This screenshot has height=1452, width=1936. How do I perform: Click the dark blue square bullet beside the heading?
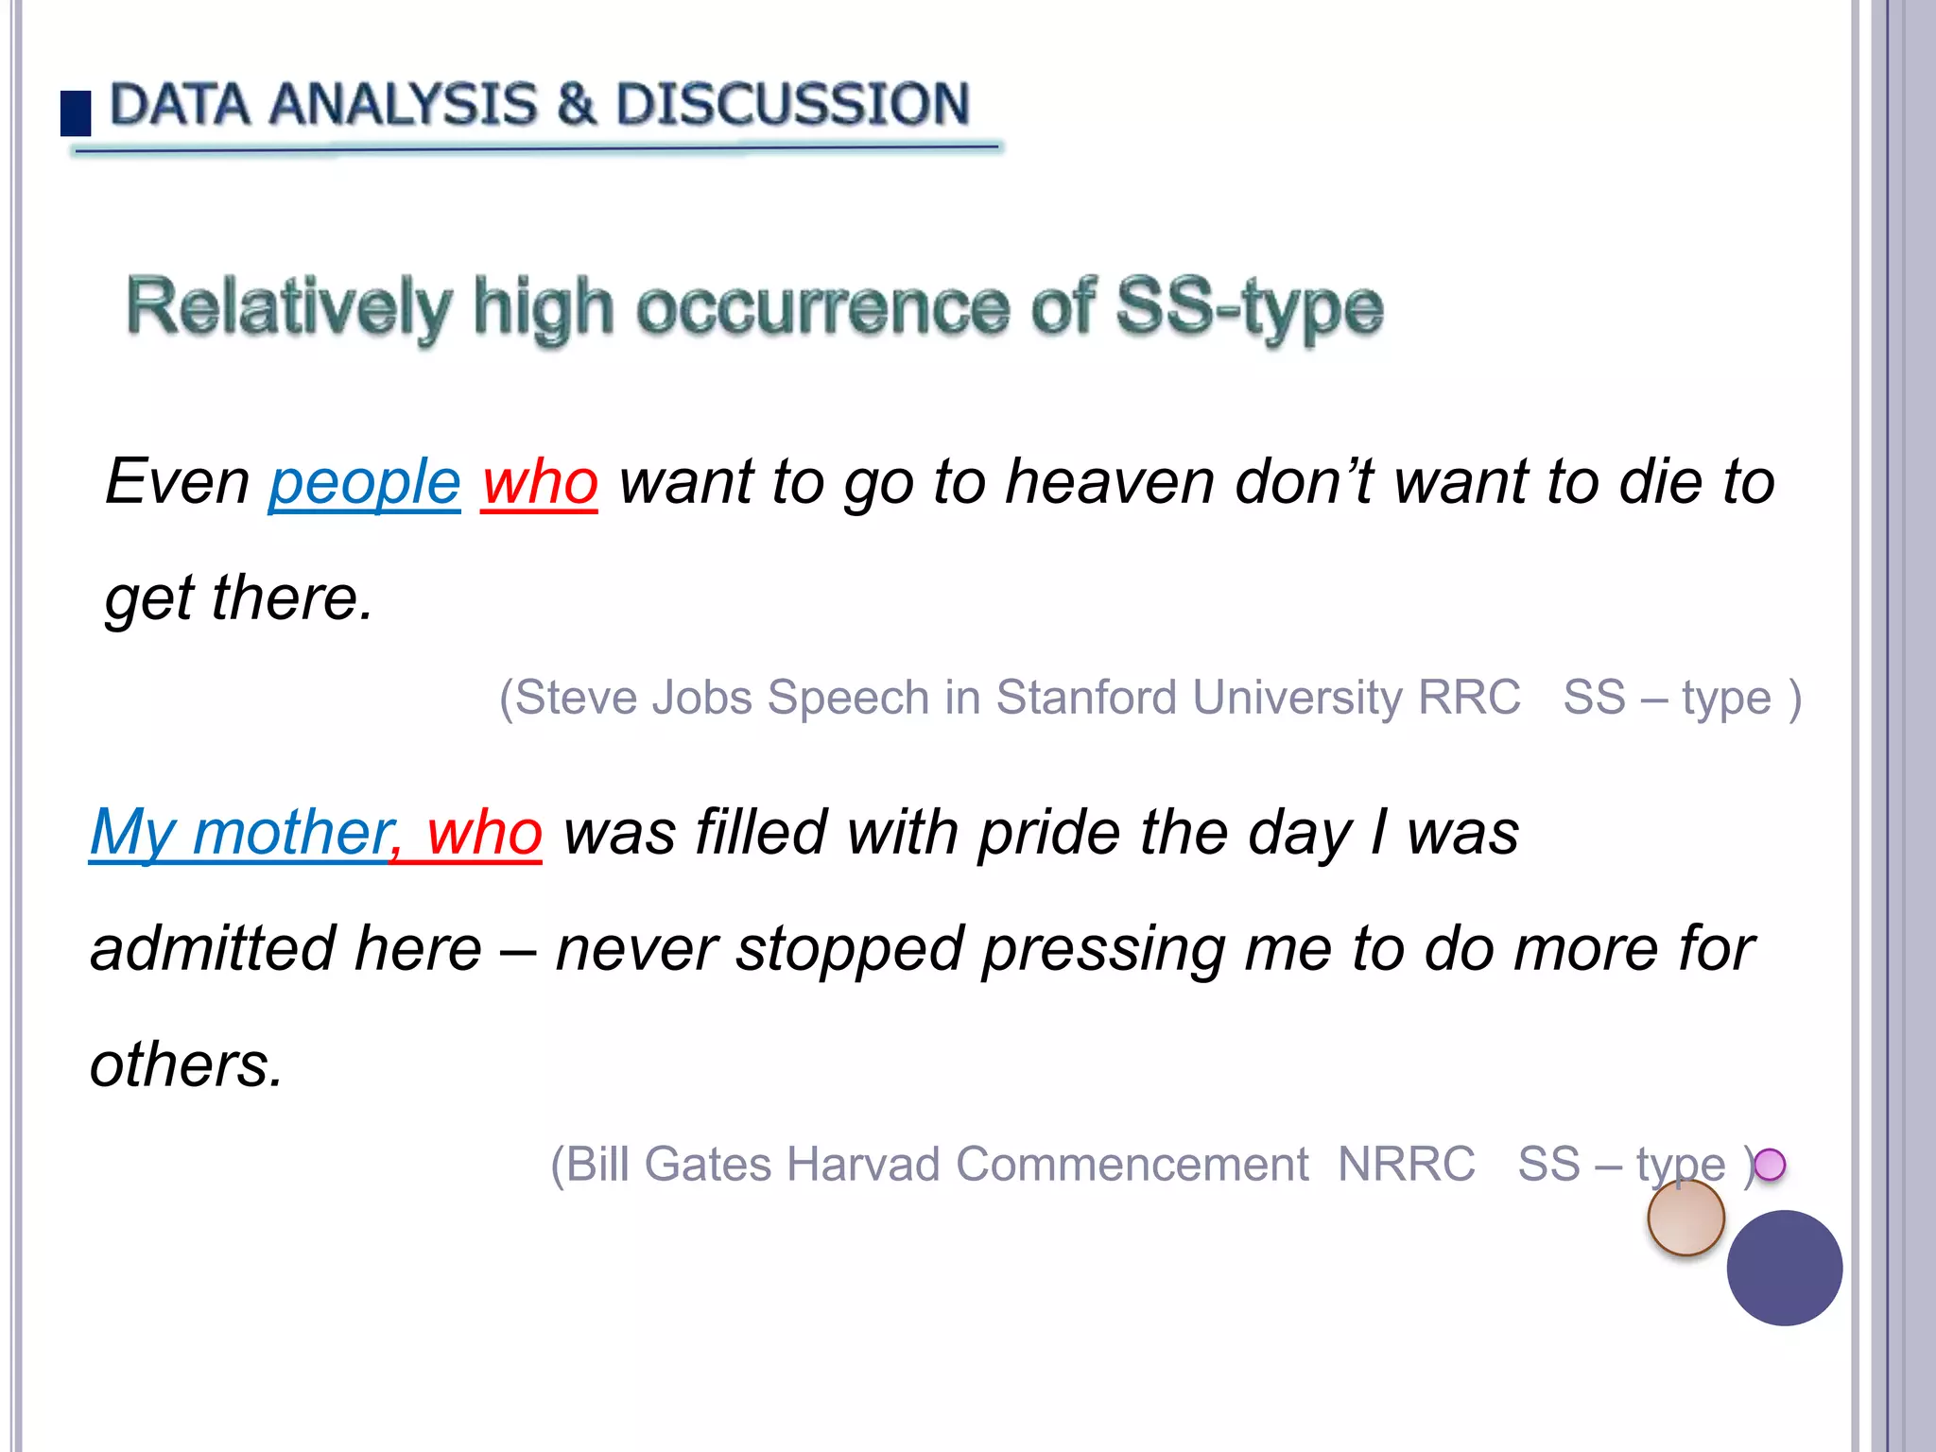point(76,113)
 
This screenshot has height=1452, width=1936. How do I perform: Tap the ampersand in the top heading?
point(576,104)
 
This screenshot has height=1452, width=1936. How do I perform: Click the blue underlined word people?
point(365,482)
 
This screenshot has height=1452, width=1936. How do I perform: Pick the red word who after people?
point(540,482)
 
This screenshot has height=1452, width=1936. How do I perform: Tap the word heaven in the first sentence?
point(1111,482)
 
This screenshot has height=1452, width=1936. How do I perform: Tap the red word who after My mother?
point(484,833)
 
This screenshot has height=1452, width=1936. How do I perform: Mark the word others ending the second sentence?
point(185,1065)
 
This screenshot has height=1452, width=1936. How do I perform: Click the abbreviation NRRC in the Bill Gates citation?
point(1407,1164)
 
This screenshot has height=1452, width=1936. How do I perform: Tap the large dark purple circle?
point(1784,1268)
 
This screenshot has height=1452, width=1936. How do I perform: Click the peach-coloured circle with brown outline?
point(1685,1219)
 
